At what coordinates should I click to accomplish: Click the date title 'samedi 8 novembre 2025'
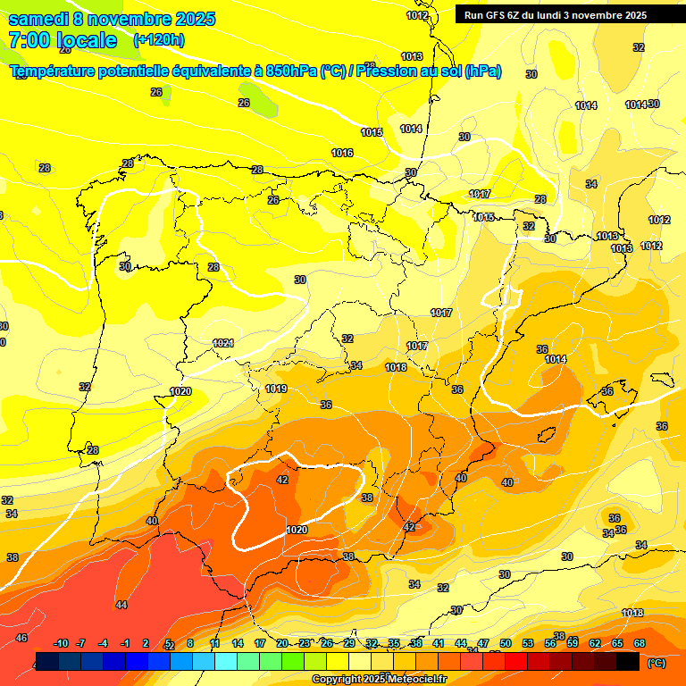coord(112,19)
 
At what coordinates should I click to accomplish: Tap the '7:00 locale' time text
coord(63,40)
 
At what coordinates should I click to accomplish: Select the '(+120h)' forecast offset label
coord(159,40)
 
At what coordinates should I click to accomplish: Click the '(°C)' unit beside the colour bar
coord(657,663)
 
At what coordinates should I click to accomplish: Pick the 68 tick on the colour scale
coord(640,643)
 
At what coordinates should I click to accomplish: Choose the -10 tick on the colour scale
coord(62,643)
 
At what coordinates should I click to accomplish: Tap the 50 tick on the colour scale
coord(506,643)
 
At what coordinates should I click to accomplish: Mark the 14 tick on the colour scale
coord(238,643)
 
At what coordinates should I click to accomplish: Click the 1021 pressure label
coord(223,344)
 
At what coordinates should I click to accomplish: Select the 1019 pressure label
coord(276,389)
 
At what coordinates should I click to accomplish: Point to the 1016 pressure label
coord(342,153)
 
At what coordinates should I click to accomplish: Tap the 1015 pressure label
coord(372,133)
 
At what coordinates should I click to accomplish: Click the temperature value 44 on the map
coord(121,605)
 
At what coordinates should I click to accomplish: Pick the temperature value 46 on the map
coord(21,638)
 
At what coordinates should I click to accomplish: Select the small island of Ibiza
coord(547,435)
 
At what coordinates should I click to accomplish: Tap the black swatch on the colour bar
coord(628,662)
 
